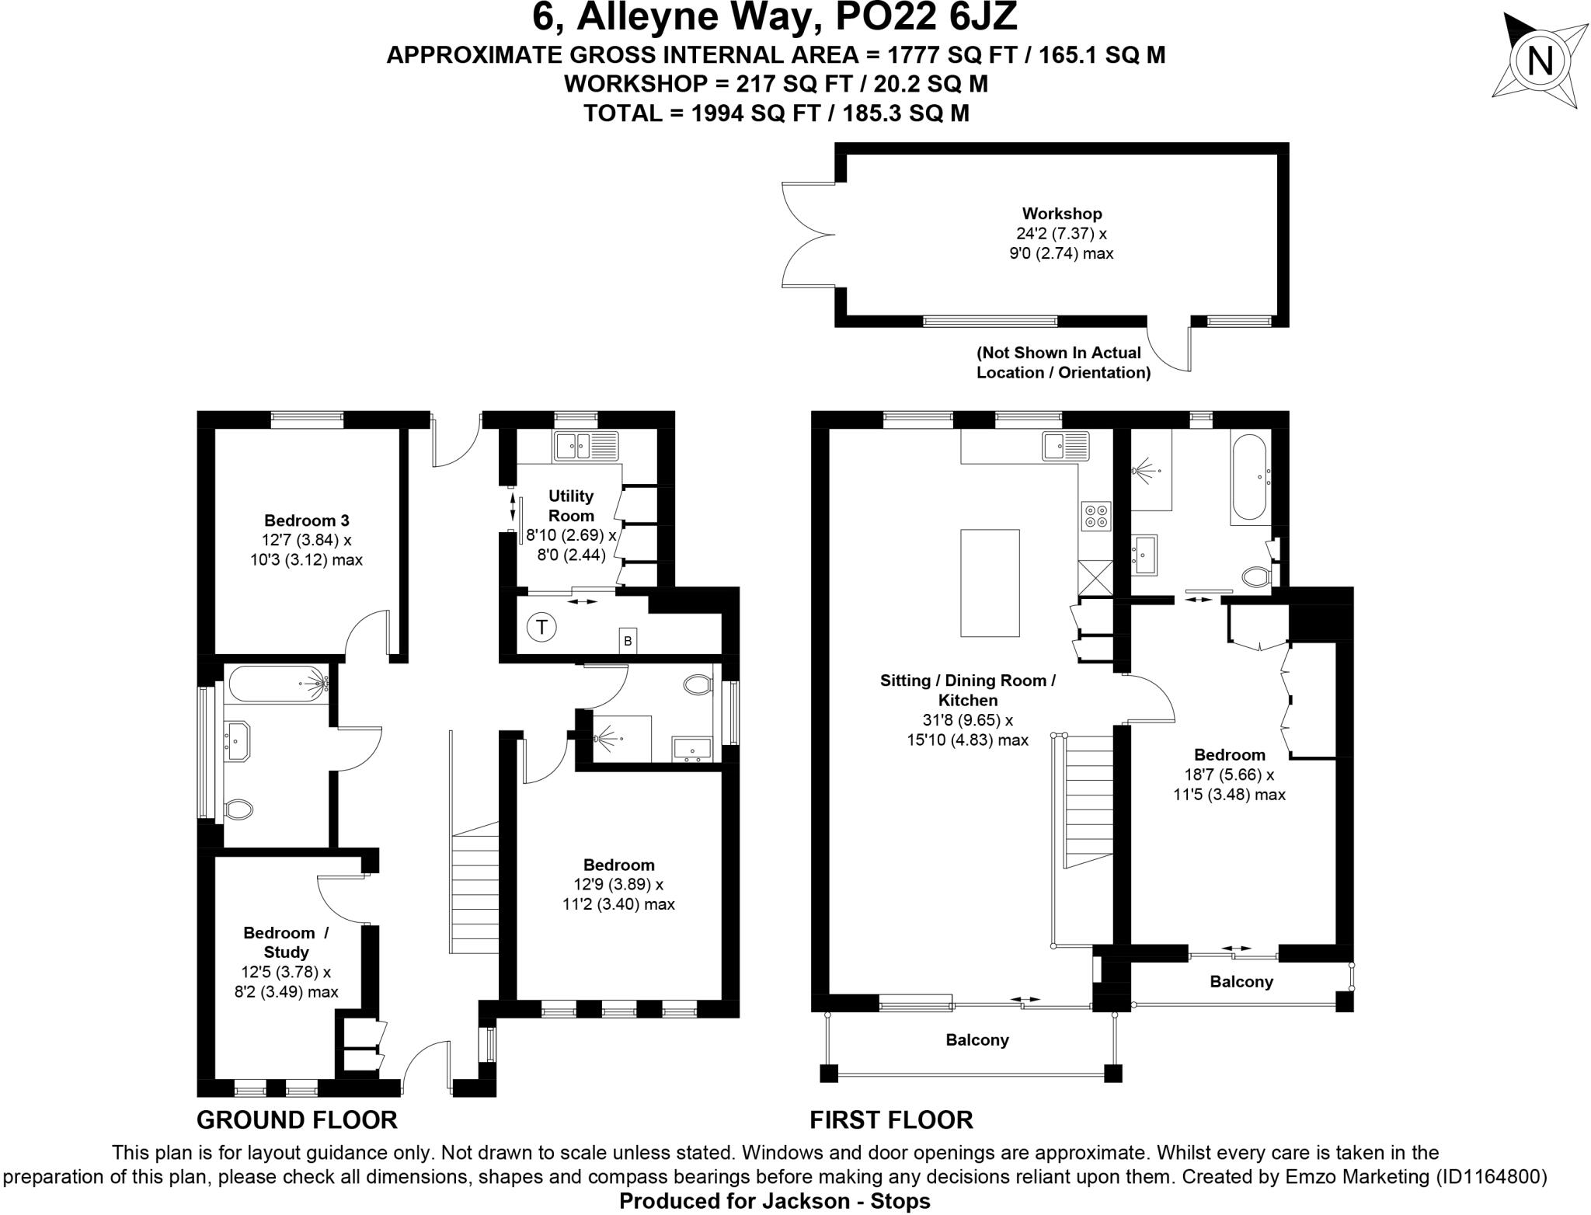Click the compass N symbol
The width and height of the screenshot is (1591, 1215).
[1539, 61]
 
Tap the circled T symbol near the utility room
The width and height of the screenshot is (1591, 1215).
[542, 627]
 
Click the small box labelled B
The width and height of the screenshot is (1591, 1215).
[628, 641]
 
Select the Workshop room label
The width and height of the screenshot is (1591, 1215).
[1061, 214]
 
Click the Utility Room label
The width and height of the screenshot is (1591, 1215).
[571, 506]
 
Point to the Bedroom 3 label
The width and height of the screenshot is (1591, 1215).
[306, 520]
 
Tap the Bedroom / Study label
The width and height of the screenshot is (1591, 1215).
[286, 942]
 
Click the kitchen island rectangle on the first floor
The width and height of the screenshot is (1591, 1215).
[990, 583]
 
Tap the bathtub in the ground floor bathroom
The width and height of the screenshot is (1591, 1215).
[278, 684]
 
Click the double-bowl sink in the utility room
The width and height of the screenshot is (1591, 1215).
[587, 446]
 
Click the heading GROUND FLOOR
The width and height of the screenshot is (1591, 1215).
[297, 1119]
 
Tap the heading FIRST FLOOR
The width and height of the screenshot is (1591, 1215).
[891, 1119]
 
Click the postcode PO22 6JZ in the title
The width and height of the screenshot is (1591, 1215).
[925, 17]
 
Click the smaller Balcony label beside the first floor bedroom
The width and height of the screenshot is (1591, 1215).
[1241, 981]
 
